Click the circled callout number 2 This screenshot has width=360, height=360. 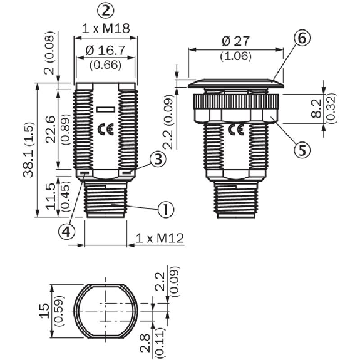(x=106, y=11)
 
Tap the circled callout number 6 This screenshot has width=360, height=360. (x=302, y=38)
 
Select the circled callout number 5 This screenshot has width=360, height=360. (x=302, y=150)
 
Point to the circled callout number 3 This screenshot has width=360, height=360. (x=158, y=159)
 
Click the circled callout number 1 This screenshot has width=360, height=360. (x=166, y=209)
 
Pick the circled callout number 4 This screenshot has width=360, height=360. (x=66, y=232)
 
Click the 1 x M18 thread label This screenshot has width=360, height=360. (x=106, y=29)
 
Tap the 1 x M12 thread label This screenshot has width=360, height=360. (x=160, y=239)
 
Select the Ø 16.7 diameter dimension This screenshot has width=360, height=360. (x=105, y=51)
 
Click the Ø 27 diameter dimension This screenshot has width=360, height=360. (x=235, y=41)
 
